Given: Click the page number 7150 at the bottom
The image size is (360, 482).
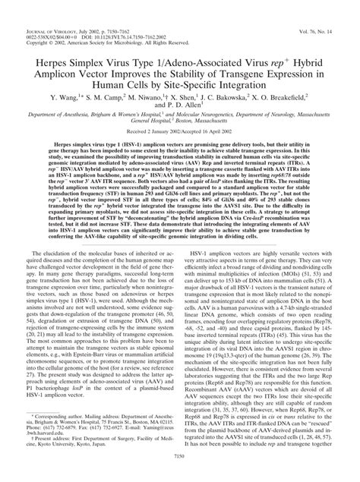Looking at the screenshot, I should (x=180, y=476).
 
